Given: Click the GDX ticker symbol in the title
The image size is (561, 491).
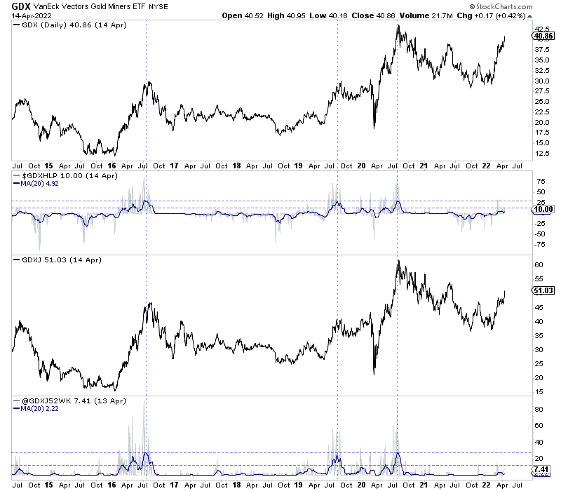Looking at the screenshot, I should pyautogui.click(x=21, y=6).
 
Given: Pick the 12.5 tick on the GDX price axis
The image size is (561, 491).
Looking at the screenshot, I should pyautogui.click(x=541, y=153).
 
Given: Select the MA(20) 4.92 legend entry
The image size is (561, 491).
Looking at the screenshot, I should pyautogui.click(x=41, y=183).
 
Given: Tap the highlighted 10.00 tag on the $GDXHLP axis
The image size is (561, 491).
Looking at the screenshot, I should pyautogui.click(x=544, y=209).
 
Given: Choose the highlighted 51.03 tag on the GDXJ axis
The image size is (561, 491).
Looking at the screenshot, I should pyautogui.click(x=544, y=290).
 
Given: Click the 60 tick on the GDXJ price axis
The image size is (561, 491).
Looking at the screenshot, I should pyautogui.click(x=539, y=265).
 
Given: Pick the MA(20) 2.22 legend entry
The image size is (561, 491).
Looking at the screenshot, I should pyautogui.click(x=41, y=409).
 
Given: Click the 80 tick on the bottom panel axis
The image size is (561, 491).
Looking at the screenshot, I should pyautogui.click(x=539, y=408).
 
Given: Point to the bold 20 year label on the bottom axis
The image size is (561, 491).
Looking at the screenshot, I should pyautogui.click(x=362, y=484).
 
